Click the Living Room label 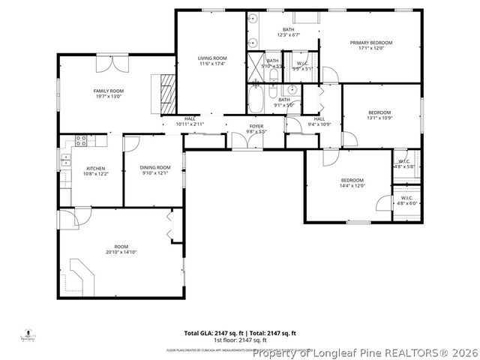click(212, 58)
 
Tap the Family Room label click(109, 91)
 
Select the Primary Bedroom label click(371, 43)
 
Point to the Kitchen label click(95, 168)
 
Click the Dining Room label click(155, 168)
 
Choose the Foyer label click(256, 126)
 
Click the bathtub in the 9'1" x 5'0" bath click(257, 97)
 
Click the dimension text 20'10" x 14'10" click(121, 253)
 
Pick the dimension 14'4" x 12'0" click(352, 186)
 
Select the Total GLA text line click(240, 333)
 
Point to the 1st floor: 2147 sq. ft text click(240, 340)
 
